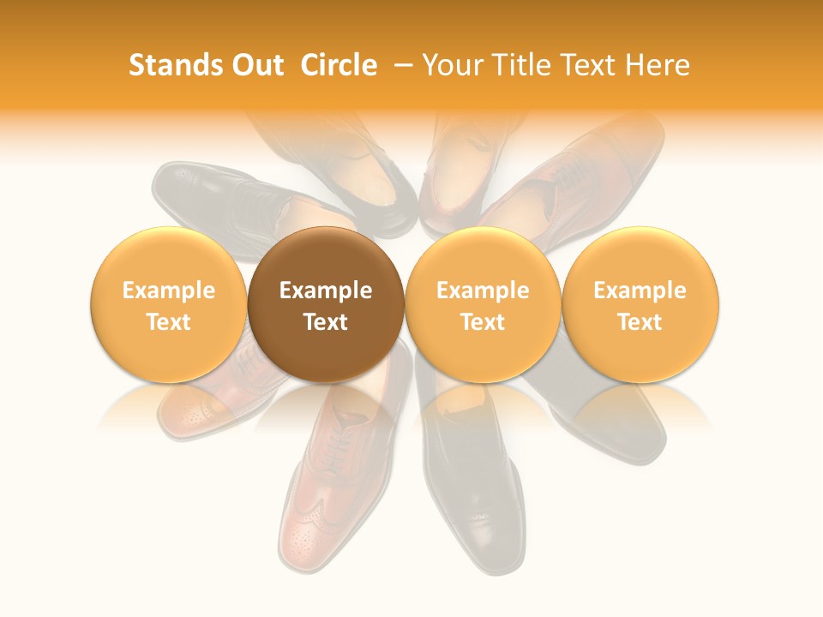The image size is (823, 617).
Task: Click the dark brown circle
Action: [326, 304]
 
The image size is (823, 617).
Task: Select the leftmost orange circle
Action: [169, 304]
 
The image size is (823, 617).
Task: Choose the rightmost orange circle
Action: [640, 304]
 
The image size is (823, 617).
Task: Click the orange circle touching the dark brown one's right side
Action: [483, 304]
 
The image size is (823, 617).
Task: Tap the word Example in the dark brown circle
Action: [326, 291]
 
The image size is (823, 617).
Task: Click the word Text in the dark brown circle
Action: [326, 322]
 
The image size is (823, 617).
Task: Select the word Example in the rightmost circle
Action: [640, 291]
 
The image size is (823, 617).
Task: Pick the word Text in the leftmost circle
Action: [169, 322]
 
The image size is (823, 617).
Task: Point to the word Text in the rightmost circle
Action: [640, 322]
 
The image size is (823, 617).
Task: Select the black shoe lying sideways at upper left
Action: [214, 197]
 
